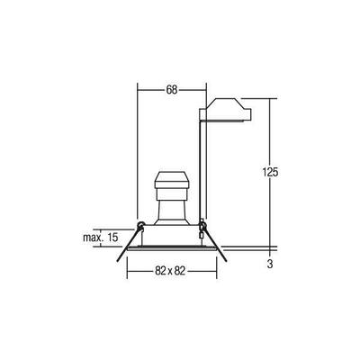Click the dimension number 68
171,89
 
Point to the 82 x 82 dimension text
169,271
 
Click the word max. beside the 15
92,237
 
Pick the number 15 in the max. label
112,237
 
